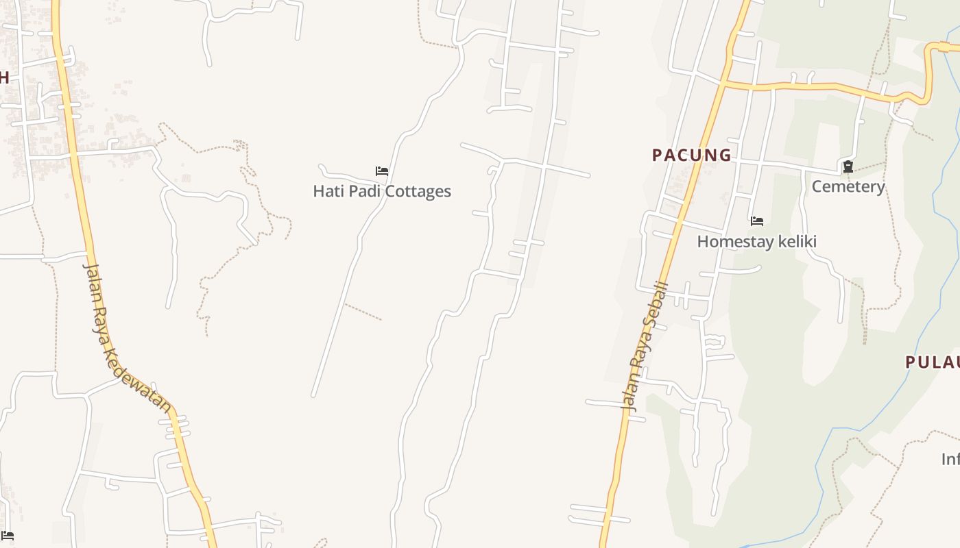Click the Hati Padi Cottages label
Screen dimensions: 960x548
[x=382, y=191]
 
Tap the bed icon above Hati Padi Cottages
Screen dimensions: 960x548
[x=382, y=171]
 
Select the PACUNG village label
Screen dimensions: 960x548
[x=692, y=155]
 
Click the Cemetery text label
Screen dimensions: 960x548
[x=848, y=186]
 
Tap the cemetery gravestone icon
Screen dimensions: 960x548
[x=848, y=166]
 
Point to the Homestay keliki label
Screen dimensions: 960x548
[x=756, y=241]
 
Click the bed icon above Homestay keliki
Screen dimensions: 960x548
[x=757, y=221]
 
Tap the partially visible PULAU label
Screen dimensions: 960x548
[x=933, y=362]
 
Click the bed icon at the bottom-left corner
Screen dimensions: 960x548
[x=8, y=535]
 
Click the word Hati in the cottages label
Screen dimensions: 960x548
[x=326, y=191]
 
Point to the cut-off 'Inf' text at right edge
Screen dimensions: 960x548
[x=950, y=459]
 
